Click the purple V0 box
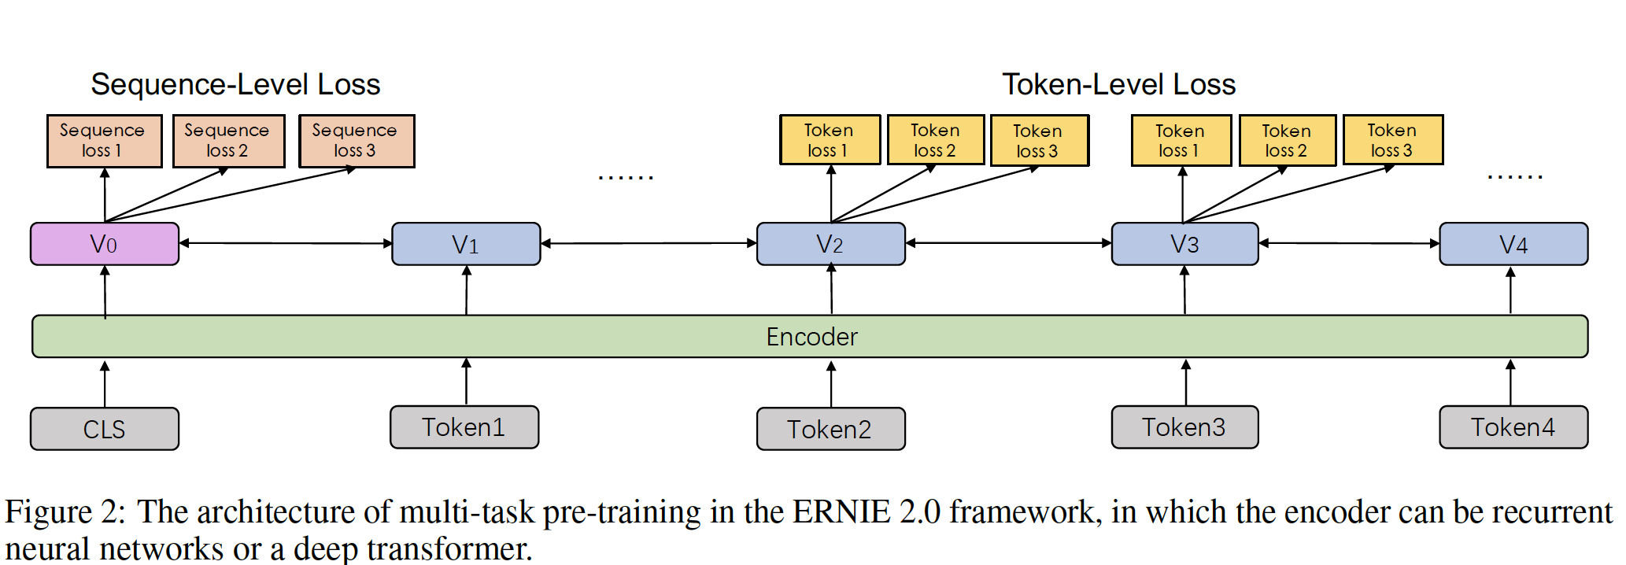click(105, 244)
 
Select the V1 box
click(466, 244)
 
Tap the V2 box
click(830, 244)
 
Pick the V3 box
click(1184, 244)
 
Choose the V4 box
click(1513, 244)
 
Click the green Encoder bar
click(811, 337)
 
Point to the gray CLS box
click(105, 429)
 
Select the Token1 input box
click(464, 427)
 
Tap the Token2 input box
click(830, 429)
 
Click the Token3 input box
click(1184, 427)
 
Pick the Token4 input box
click(1513, 427)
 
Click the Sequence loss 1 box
click(104, 141)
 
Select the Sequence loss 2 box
click(228, 141)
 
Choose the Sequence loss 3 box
click(357, 141)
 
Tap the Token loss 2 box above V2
click(936, 140)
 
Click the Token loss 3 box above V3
click(1392, 140)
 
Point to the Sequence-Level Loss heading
click(235, 84)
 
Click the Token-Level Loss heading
click(1118, 84)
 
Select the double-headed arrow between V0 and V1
click(286, 243)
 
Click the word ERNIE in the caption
click(841, 512)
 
